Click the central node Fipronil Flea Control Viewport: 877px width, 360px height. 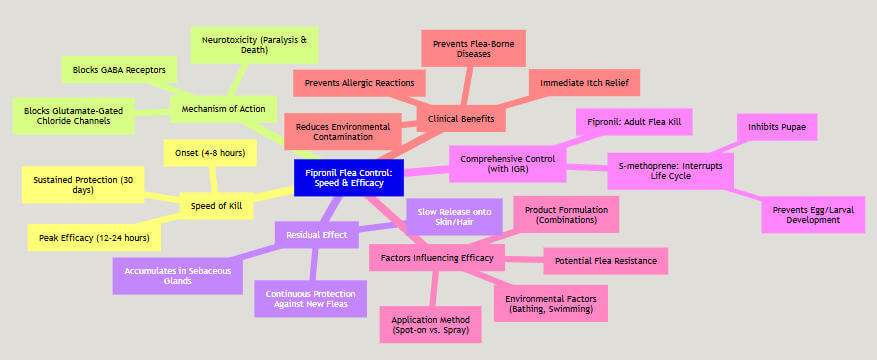[x=349, y=178]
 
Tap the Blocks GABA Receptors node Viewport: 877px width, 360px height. [x=120, y=70]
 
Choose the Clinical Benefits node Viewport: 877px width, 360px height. [x=461, y=119]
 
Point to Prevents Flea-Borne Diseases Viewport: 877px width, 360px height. [x=462, y=49]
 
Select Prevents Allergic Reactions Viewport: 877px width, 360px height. [x=360, y=84]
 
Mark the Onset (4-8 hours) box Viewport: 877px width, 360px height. [x=211, y=153]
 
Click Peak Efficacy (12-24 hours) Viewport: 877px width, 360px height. [x=94, y=237]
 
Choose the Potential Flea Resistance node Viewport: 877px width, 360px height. [x=605, y=262]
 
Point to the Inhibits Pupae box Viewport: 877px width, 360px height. [x=778, y=127]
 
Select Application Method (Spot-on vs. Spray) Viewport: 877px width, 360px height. [x=429, y=324]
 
